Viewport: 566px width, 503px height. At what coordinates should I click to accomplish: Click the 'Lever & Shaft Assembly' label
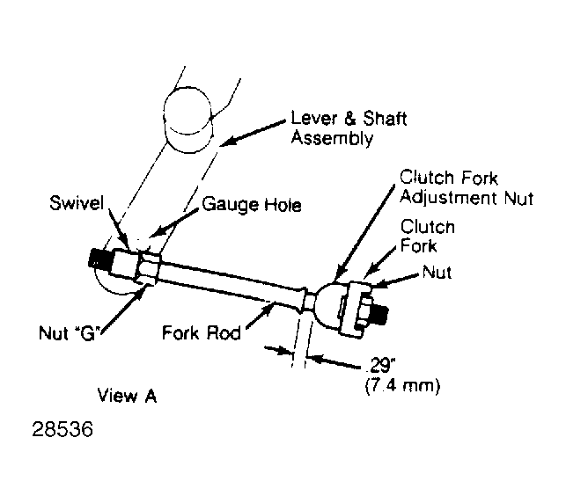pyautogui.click(x=349, y=128)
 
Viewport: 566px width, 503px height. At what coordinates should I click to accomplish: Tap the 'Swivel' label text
pyautogui.click(x=77, y=203)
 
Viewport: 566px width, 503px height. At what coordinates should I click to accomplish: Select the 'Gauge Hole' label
pyautogui.click(x=252, y=205)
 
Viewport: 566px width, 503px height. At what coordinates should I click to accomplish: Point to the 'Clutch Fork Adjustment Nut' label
pyautogui.click(x=467, y=188)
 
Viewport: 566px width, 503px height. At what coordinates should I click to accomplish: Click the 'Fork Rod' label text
pyautogui.click(x=202, y=332)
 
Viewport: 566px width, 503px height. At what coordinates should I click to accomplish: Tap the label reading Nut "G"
pyautogui.click(x=69, y=333)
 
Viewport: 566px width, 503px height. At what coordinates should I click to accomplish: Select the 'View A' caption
pyautogui.click(x=127, y=396)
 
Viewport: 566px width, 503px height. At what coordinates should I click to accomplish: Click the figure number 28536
pyautogui.click(x=62, y=429)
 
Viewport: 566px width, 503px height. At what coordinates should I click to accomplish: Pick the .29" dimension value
pyautogui.click(x=380, y=366)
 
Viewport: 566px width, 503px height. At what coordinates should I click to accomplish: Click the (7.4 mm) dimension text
pyautogui.click(x=402, y=387)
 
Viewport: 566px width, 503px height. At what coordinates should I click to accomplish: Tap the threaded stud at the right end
pyautogui.click(x=379, y=313)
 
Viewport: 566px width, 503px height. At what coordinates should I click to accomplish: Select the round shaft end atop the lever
pyautogui.click(x=187, y=119)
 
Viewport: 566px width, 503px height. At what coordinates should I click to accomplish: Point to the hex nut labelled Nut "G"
pyautogui.click(x=147, y=267)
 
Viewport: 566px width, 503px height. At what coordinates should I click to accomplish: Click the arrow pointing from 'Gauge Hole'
pyautogui.click(x=173, y=222)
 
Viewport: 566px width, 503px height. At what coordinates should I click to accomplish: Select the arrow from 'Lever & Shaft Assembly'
pyautogui.click(x=253, y=134)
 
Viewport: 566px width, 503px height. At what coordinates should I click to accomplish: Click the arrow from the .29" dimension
pyautogui.click(x=337, y=362)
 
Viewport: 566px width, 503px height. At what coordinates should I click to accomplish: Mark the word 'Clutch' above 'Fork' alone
pyautogui.click(x=428, y=227)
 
